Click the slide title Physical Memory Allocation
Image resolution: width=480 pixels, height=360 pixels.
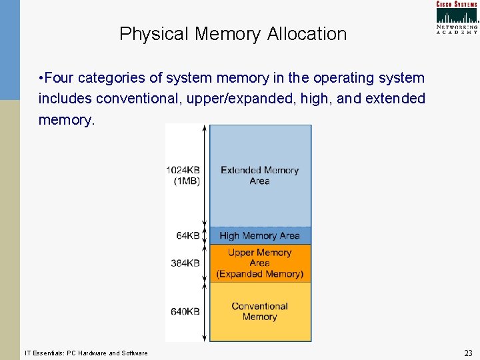coord(233,34)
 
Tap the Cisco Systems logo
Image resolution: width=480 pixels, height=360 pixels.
coord(457,17)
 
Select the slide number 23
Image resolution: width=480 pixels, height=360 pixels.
coord(468,353)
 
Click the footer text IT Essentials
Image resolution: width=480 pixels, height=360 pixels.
coord(86,353)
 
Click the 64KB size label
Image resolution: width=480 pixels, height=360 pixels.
coord(188,235)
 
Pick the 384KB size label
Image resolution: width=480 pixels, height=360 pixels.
coord(185,263)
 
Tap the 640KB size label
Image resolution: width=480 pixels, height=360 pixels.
coord(185,311)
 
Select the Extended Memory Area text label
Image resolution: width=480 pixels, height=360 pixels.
coord(259,175)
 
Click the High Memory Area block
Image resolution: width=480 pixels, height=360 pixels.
coord(260,235)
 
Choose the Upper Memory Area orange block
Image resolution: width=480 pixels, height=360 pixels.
coord(260,263)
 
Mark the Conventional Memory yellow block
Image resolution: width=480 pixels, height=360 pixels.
coord(260,311)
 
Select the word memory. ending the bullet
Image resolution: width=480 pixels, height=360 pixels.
coord(67,120)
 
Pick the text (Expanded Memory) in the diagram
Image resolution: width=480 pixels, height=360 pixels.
coord(260,274)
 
